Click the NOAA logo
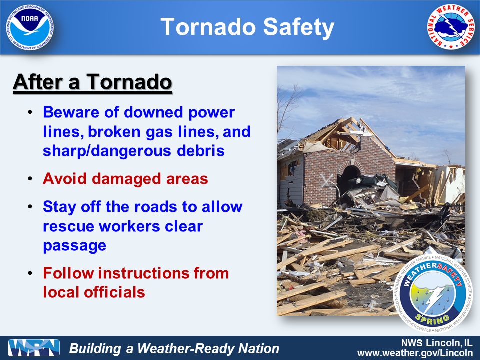[x=30, y=27]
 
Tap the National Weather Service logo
[x=450, y=27]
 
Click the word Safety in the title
[x=299, y=27]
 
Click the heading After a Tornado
[x=93, y=82]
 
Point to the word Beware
[x=71, y=112]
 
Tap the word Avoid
[x=64, y=179]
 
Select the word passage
[x=74, y=246]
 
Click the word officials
[x=115, y=292]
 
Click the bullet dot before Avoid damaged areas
[x=30, y=179]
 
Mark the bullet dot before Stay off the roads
[x=30, y=207]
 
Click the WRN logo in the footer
[x=34, y=348]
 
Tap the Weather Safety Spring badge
[x=433, y=294]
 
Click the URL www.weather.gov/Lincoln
[x=415, y=353]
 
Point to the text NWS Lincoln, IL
[x=437, y=343]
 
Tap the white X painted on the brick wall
[x=326, y=180]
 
